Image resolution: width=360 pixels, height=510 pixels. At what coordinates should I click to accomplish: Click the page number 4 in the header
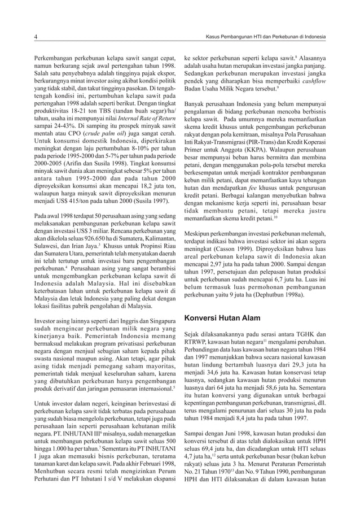(35, 37)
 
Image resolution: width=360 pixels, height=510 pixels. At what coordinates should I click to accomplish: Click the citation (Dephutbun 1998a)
(280, 293)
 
